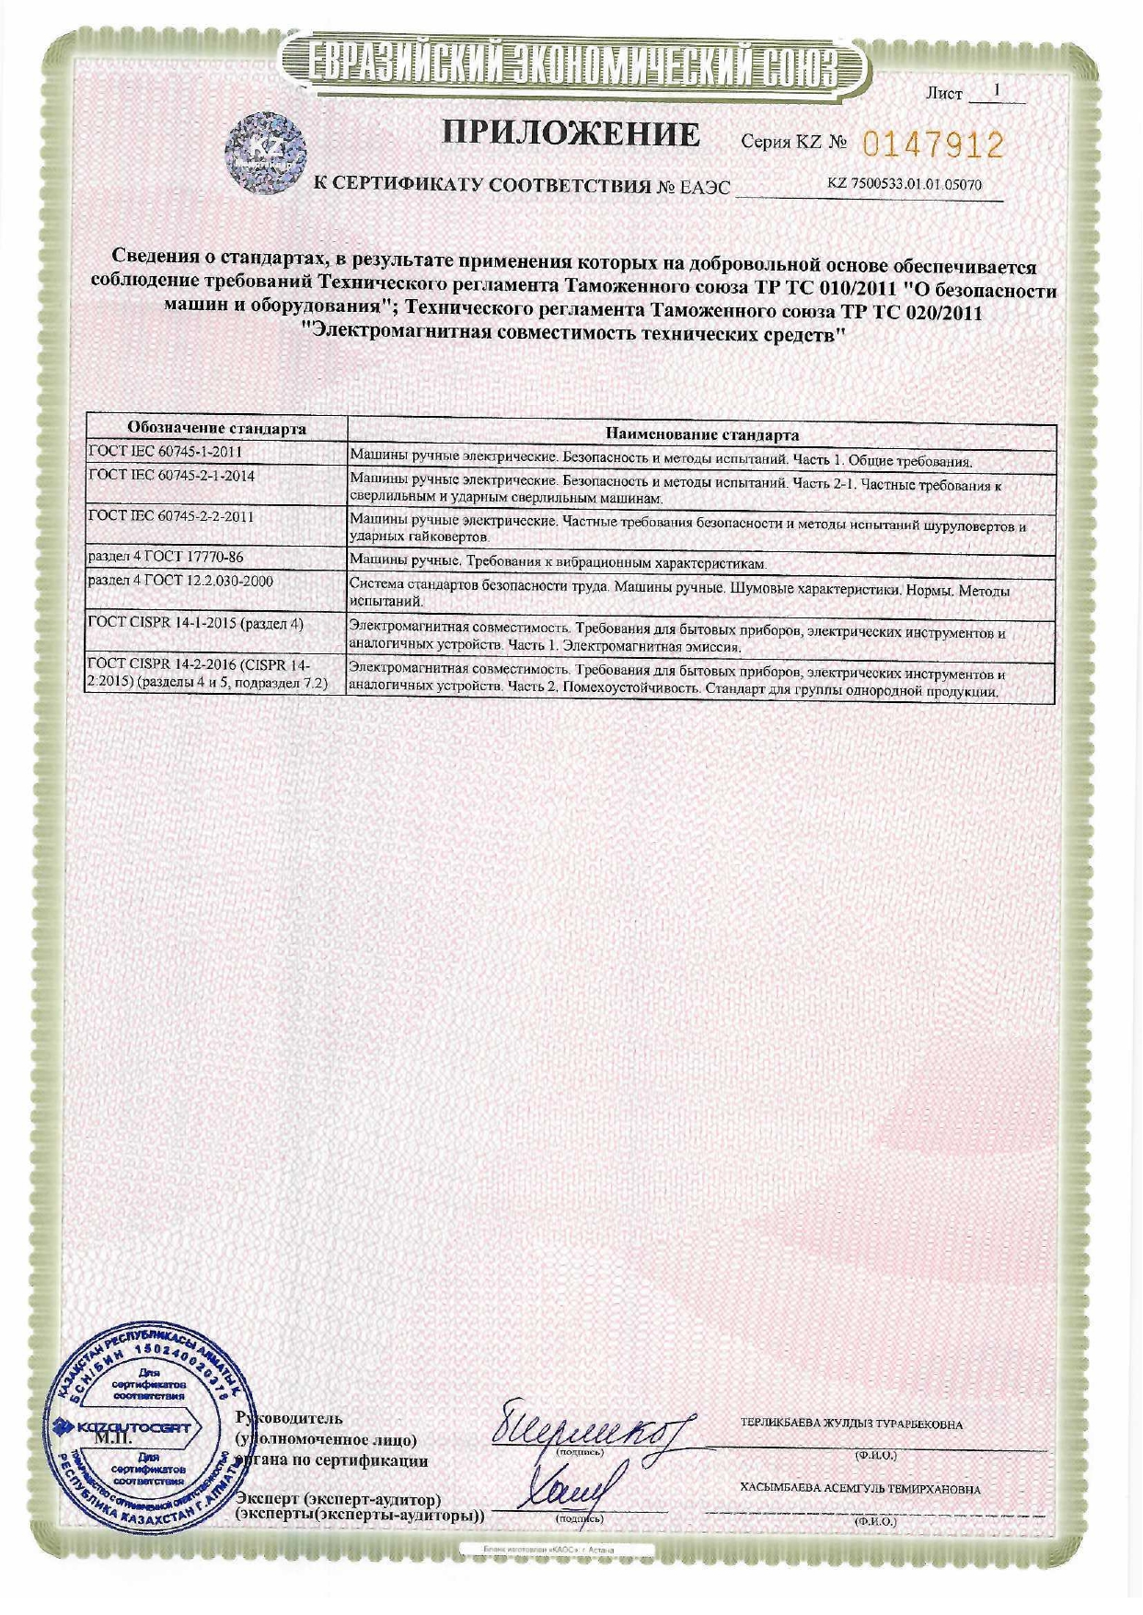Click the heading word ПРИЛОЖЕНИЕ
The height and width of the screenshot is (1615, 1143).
(571, 134)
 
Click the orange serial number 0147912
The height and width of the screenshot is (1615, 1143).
(932, 144)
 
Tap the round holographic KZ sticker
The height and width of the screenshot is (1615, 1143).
(267, 153)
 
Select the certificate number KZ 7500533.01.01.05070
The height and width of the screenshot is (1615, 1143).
(904, 184)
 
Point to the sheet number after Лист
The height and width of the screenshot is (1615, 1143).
(996, 91)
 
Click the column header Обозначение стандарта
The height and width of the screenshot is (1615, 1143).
(216, 429)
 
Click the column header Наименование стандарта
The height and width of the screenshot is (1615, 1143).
(701, 434)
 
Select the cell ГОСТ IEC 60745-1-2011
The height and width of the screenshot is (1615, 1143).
(166, 452)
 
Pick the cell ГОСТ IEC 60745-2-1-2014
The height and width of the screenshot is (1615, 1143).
(171, 476)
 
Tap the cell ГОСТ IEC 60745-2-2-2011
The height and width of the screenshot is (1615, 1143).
(171, 516)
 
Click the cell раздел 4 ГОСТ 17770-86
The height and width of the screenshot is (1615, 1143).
(166, 557)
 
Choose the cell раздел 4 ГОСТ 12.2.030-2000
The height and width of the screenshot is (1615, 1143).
(180, 581)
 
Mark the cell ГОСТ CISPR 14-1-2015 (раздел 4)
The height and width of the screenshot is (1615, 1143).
(196, 623)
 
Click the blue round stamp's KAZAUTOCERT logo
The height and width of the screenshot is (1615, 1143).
(128, 1427)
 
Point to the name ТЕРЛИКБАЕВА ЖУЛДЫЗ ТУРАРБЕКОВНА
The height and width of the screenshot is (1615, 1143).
(851, 1425)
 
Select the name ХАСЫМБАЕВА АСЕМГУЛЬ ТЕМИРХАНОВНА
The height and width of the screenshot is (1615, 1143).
(860, 1489)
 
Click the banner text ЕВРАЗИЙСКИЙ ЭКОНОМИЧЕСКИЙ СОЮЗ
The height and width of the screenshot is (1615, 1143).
(571, 63)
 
